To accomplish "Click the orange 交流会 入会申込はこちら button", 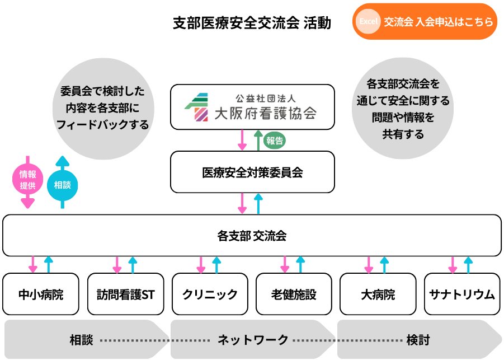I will pyautogui.click(x=425, y=22).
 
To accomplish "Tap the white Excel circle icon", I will pyautogui.click(x=369, y=22).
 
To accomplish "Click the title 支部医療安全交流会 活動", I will pyautogui.click(x=252, y=23).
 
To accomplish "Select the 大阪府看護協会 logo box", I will pyautogui.click(x=252, y=106).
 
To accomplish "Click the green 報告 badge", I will pyautogui.click(x=275, y=141).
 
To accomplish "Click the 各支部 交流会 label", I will pyautogui.click(x=252, y=236).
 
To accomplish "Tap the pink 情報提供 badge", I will pyautogui.click(x=27, y=180).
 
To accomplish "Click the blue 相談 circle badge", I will pyautogui.click(x=62, y=184).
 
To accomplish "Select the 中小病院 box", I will pyautogui.click(x=41, y=294).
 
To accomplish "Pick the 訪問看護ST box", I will pyautogui.click(x=125, y=294).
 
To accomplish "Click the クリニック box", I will pyautogui.click(x=210, y=294).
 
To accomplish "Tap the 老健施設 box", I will pyautogui.click(x=294, y=294).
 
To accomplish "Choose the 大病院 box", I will pyautogui.click(x=378, y=294).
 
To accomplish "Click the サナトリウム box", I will pyautogui.click(x=462, y=294).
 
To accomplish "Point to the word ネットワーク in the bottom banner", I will pyautogui.click(x=252, y=339).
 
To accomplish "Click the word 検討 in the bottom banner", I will pyautogui.click(x=418, y=339).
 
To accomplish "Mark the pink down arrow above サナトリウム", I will pyautogui.click(x=453, y=264).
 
